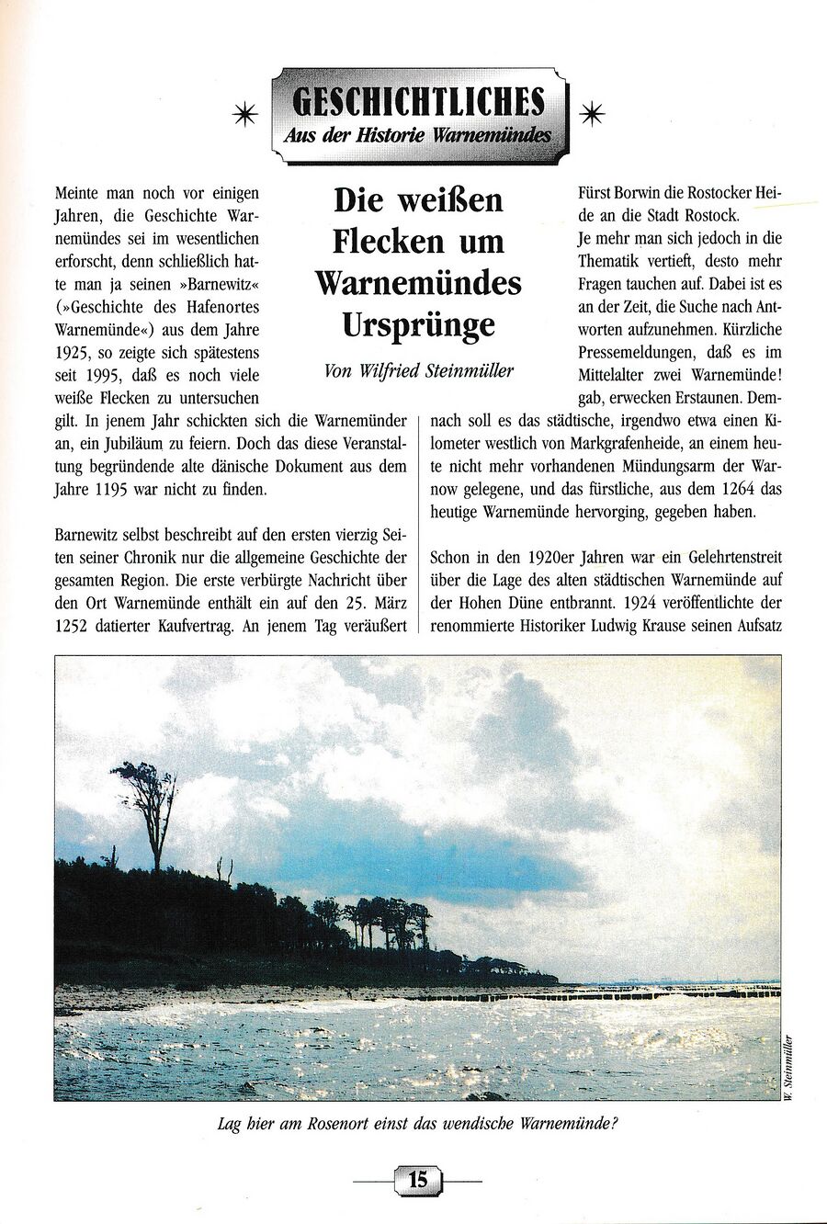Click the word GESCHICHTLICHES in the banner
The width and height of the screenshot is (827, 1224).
pyautogui.click(x=418, y=101)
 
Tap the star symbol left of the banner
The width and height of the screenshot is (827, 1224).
pyautogui.click(x=244, y=113)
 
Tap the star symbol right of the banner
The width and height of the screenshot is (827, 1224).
pyautogui.click(x=593, y=113)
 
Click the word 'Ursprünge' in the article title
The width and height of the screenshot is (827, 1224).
pyautogui.click(x=418, y=324)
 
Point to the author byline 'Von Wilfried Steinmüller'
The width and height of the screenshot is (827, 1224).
pyautogui.click(x=418, y=371)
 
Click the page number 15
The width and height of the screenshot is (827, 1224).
pyautogui.click(x=417, y=1179)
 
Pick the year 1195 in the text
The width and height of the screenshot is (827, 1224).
pyautogui.click(x=113, y=490)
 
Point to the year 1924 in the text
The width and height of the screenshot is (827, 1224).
pyautogui.click(x=649, y=603)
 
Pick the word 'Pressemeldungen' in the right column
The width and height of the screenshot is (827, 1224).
pyautogui.click(x=635, y=352)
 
